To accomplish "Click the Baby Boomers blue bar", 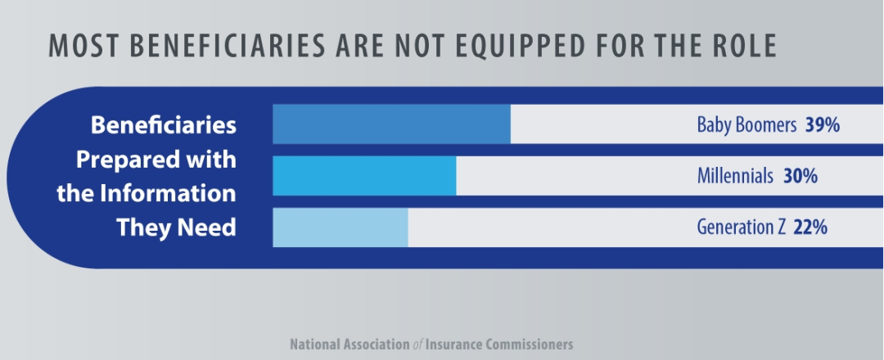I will click(391, 124).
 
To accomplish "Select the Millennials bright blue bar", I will click(364, 176).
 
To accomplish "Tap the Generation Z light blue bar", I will click(340, 227).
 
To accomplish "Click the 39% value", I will click(823, 126).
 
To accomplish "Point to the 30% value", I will click(800, 176).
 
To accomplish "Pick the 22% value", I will click(810, 227).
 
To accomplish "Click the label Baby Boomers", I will click(746, 126).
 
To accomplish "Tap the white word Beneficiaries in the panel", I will click(163, 126).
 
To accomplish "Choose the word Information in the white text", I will click(169, 194).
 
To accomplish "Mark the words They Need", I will click(176, 227).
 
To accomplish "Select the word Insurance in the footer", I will click(453, 344).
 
